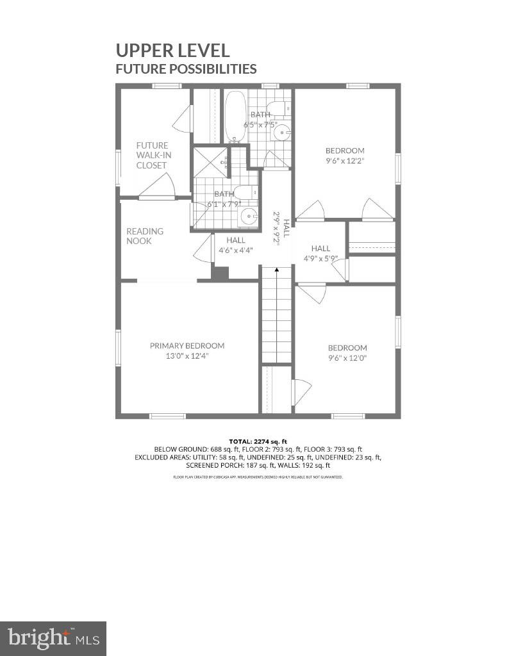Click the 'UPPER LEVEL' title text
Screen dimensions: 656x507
[x=172, y=50]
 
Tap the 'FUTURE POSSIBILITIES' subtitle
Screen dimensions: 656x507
[x=186, y=69]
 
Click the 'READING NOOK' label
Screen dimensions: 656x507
[x=144, y=236]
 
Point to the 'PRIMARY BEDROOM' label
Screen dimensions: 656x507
[x=187, y=345]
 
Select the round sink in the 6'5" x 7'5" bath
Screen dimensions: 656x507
[x=282, y=133]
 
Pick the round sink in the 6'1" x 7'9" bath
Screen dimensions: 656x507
[x=248, y=217]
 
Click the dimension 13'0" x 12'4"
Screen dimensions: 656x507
[x=187, y=356]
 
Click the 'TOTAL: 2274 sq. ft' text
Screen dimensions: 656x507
[x=258, y=441]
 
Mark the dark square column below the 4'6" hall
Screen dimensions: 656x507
[x=220, y=274]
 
